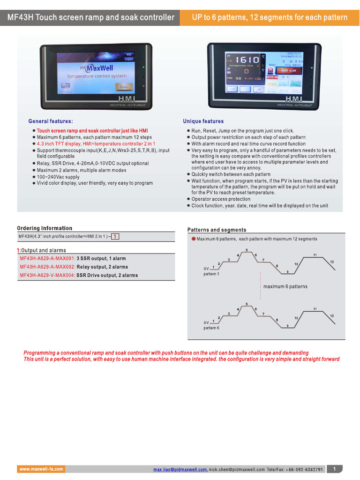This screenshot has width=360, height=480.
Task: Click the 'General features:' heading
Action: (x=51, y=121)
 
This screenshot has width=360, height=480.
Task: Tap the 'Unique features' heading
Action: (x=203, y=121)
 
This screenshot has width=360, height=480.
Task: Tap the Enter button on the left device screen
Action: (x=124, y=87)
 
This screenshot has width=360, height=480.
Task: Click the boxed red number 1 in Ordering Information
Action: (x=115, y=237)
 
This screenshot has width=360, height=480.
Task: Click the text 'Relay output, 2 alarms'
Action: (x=102, y=267)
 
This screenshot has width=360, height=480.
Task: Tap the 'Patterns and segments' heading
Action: (x=217, y=230)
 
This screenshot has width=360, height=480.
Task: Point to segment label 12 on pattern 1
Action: (x=332, y=261)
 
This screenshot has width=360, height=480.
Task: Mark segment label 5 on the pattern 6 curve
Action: (x=247, y=304)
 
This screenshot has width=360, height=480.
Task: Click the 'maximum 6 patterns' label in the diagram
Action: (x=285, y=286)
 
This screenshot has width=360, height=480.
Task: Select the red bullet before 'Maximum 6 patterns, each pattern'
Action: (x=193, y=239)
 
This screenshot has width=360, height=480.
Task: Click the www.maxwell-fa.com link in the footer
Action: (x=41, y=469)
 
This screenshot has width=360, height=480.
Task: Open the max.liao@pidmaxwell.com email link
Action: (x=180, y=469)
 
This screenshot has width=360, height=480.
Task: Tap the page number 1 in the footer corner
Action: (x=334, y=469)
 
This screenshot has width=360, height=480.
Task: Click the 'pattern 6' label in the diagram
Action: (x=211, y=328)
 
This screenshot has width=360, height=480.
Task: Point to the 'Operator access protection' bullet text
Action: (x=221, y=199)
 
